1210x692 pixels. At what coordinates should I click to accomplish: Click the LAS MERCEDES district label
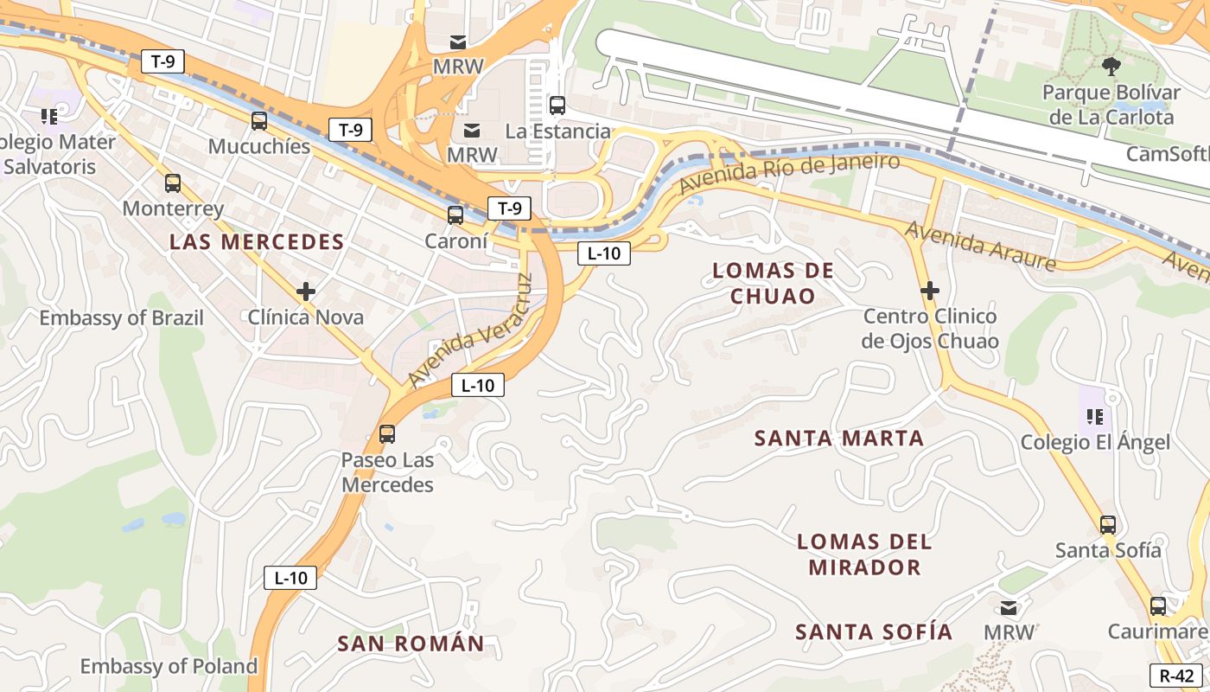point(257,242)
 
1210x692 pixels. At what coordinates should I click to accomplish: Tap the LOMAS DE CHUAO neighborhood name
point(773,283)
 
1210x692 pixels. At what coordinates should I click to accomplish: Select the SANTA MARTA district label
point(839,439)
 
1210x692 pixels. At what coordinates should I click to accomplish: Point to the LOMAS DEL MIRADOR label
point(864,554)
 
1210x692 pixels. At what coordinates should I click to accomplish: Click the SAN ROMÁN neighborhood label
point(411,644)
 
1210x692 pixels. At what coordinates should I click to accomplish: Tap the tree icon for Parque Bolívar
point(1111,66)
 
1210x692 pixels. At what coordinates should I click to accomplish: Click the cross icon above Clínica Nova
point(305,292)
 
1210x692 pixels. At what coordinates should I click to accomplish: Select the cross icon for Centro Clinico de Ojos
point(930,291)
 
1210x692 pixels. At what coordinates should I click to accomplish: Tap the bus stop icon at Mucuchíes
point(259,121)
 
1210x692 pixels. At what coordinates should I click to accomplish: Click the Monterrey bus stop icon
point(173,183)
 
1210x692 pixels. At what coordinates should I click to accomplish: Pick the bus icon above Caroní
point(455,215)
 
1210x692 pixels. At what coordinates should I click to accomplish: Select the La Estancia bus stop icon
point(557,106)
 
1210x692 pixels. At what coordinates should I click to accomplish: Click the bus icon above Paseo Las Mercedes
point(387,434)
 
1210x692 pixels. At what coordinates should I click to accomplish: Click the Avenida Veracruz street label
point(470,331)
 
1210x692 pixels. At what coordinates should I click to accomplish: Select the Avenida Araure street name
point(980,246)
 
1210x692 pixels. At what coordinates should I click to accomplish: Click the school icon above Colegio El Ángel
point(1095,417)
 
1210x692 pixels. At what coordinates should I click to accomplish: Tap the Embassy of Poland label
point(169,666)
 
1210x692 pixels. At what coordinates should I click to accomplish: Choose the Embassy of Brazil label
point(121,318)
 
